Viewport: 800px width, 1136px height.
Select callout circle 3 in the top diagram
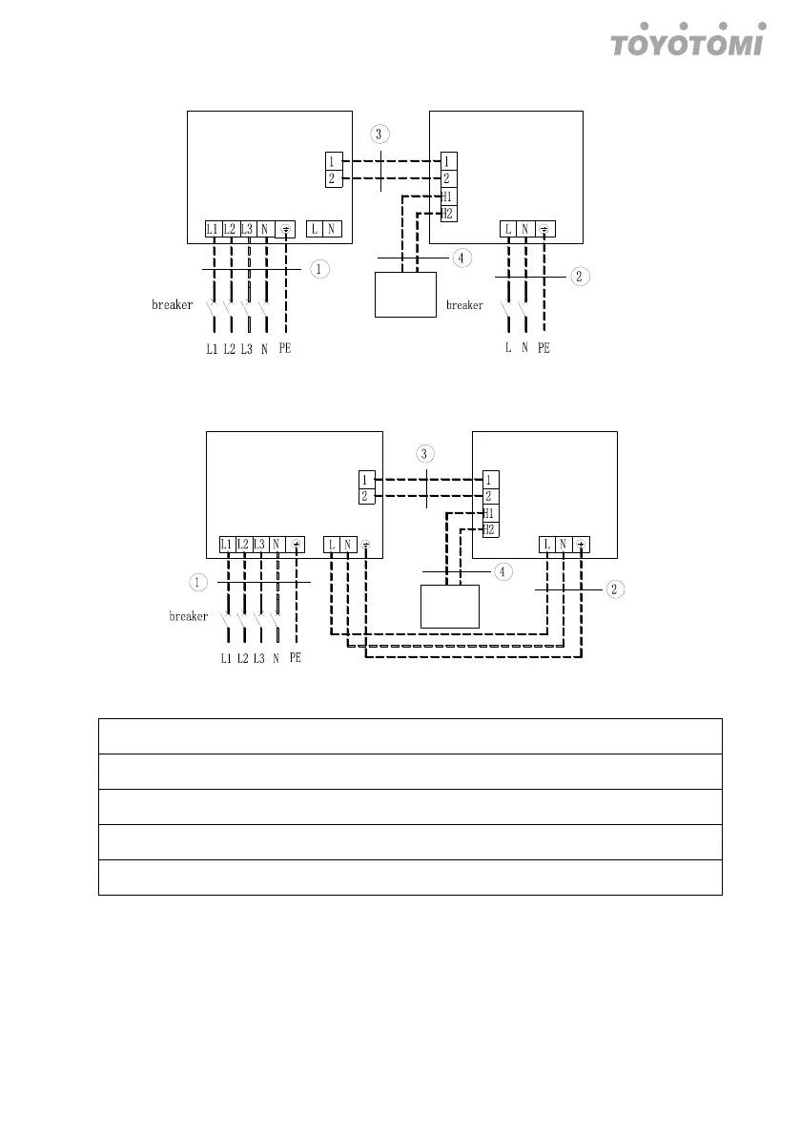381,133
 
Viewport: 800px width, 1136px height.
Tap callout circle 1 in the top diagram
320,270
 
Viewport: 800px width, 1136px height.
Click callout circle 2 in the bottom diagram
616,589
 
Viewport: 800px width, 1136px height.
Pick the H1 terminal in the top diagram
448,196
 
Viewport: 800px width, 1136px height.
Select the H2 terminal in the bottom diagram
489,529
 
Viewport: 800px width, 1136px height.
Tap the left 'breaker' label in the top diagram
173,306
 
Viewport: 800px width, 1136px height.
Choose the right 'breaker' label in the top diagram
464,306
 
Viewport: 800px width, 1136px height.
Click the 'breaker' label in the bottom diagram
189,616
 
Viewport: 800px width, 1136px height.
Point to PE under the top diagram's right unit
543,349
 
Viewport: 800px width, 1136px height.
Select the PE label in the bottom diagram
295,658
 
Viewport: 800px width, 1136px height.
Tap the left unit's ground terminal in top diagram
286,229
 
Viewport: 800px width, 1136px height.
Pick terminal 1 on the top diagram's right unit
448,160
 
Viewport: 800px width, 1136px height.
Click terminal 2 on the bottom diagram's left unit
365,497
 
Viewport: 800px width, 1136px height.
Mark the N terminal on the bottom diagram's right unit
564,546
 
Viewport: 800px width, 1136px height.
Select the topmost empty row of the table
410,735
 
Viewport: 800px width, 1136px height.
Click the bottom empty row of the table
410,878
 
